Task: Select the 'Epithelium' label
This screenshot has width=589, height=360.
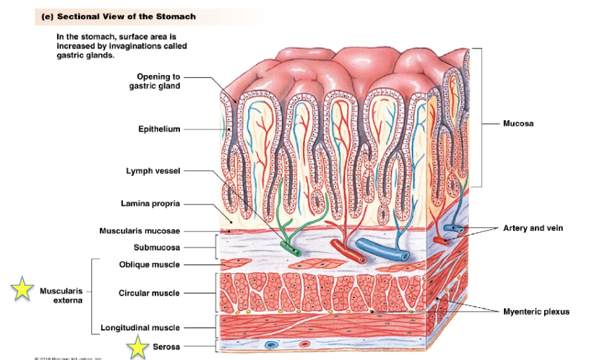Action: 159,129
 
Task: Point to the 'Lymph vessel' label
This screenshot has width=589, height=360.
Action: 155,172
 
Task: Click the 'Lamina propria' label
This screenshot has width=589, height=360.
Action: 150,204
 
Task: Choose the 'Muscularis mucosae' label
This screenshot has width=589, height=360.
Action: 140,231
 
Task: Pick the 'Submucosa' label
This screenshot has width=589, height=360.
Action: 157,247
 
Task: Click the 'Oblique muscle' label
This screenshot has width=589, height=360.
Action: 150,264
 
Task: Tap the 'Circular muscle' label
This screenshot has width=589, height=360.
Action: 149,293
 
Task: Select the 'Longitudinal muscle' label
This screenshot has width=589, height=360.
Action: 140,328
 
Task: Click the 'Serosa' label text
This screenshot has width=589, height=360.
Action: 167,347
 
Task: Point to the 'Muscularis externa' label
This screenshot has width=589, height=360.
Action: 61,295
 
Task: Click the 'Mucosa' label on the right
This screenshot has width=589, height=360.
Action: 518,124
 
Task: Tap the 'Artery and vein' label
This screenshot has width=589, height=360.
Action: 533,228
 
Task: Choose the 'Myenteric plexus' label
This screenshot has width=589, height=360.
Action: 536,311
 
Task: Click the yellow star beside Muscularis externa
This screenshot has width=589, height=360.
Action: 22,289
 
